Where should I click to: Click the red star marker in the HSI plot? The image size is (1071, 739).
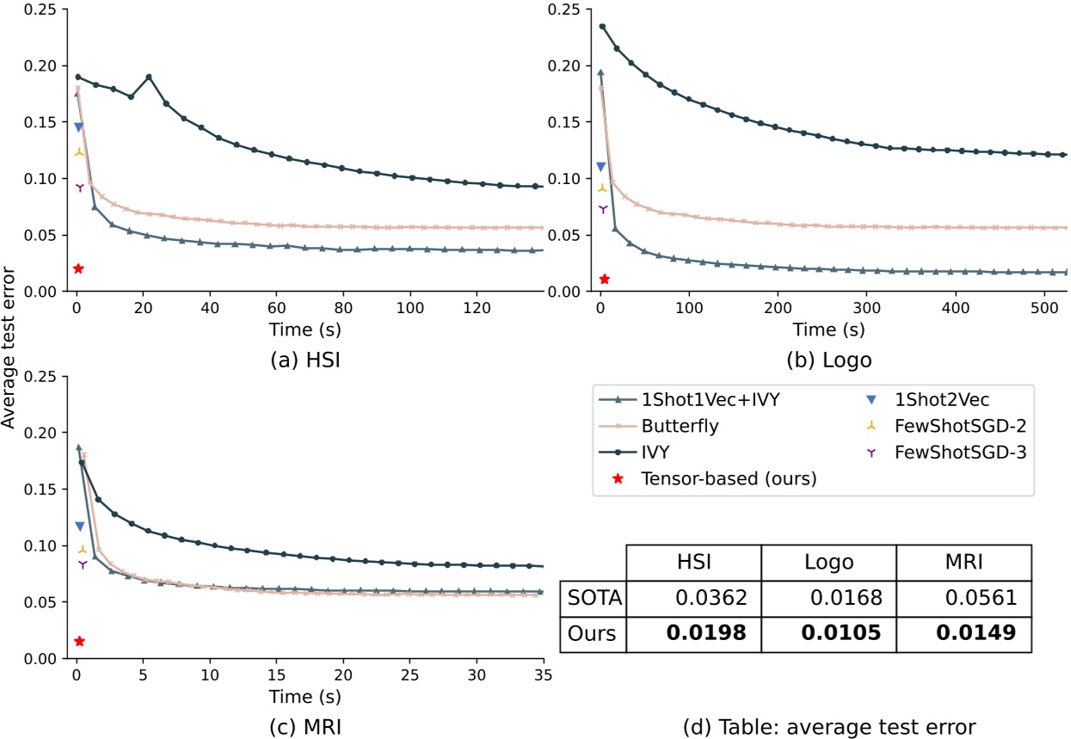tap(78, 268)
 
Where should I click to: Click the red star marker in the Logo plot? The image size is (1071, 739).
tap(604, 279)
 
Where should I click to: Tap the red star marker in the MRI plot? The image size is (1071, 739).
tap(79, 641)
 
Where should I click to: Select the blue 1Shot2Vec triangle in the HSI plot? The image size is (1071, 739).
tap(78, 126)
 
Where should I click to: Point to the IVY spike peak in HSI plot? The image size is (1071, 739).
tap(149, 77)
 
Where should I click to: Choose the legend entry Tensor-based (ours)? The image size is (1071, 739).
tap(727, 478)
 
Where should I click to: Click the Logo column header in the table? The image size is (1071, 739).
tap(829, 561)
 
